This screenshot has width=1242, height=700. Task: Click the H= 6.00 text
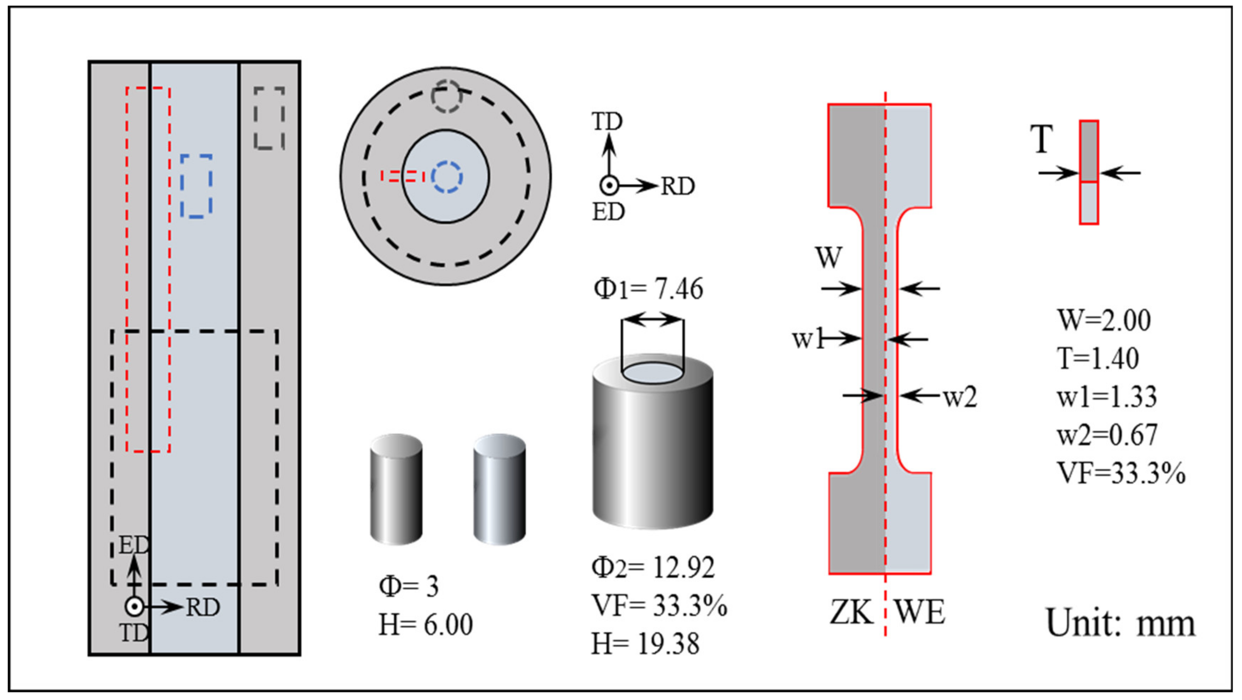[x=425, y=625]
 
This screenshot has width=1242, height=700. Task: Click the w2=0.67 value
[x=1107, y=435]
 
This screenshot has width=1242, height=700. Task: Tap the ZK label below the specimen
[x=851, y=613]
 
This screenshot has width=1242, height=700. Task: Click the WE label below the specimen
[x=919, y=613]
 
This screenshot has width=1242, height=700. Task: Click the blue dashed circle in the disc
[x=446, y=177]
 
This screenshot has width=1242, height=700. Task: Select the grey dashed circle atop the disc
[x=446, y=96]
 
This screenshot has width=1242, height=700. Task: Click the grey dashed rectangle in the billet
[x=269, y=118]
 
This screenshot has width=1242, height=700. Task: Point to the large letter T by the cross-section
[x=1041, y=140]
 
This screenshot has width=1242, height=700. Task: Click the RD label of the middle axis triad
[x=677, y=187]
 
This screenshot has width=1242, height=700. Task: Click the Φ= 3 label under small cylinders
[x=409, y=587]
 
